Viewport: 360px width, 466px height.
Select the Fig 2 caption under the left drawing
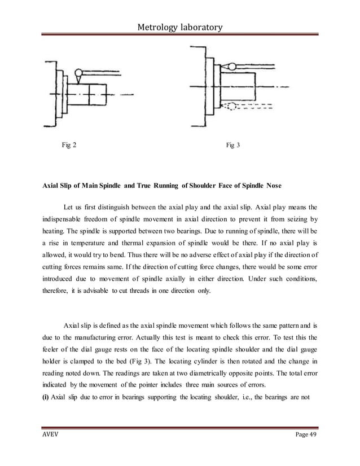point(69,145)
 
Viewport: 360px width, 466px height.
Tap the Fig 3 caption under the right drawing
point(232,145)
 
